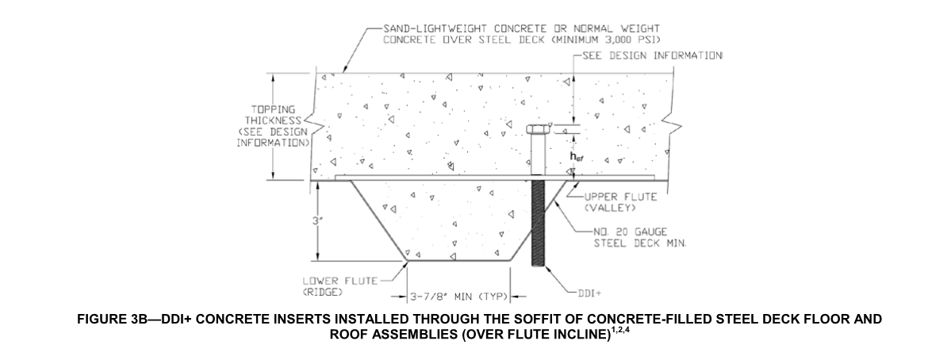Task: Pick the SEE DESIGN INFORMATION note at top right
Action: pos(652,56)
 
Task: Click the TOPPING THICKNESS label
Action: pos(271,126)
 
